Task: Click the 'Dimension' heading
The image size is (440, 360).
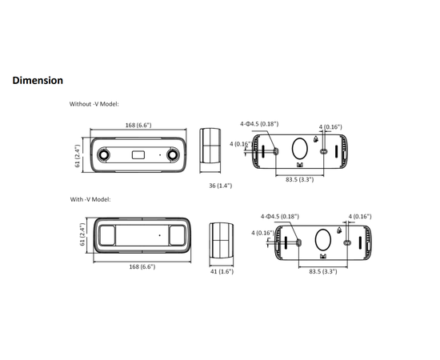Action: coord(38,81)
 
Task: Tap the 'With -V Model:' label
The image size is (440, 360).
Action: coord(90,199)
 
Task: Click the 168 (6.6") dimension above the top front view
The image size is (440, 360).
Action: coord(138,125)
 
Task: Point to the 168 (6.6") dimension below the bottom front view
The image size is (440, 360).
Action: coord(142,266)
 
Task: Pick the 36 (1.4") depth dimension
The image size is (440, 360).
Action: coord(220,186)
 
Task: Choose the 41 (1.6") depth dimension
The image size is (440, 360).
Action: coord(222,272)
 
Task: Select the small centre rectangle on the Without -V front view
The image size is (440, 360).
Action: coord(138,153)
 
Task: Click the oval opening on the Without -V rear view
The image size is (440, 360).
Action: coord(299,150)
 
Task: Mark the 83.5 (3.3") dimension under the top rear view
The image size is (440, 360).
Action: coord(300,180)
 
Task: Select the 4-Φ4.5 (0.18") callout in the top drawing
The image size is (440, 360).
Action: coord(259,124)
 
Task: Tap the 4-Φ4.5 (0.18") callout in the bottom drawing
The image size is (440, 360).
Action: coord(280,216)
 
